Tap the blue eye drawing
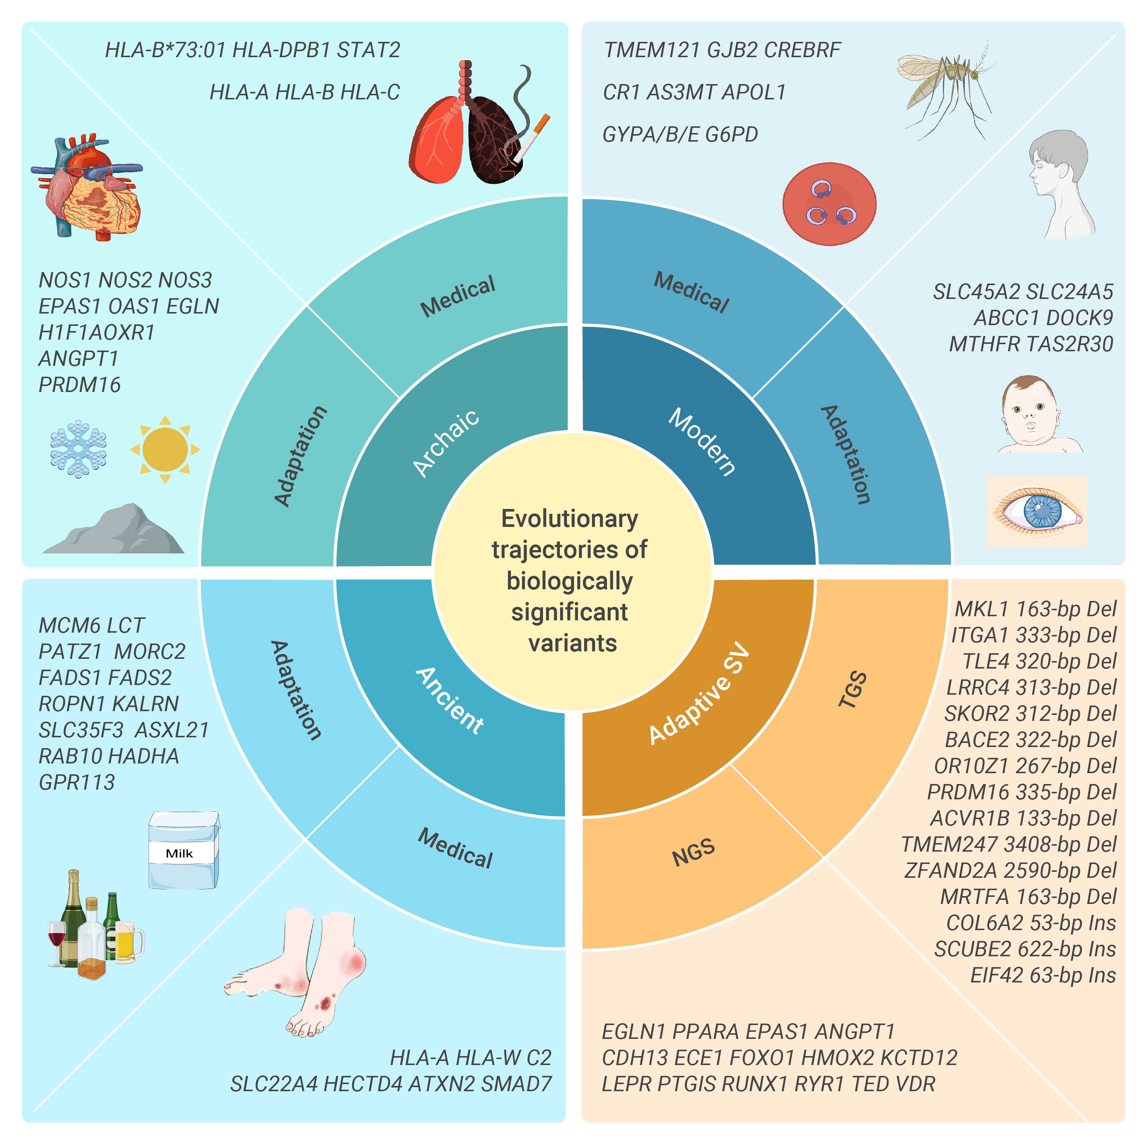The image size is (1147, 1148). [1036, 511]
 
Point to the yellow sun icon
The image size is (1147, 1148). [165, 449]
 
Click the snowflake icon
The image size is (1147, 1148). [78, 449]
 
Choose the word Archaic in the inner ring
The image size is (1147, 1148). [446, 443]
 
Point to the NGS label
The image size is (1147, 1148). [693, 853]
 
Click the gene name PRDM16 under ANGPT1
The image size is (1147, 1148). [80, 385]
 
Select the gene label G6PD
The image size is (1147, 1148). [731, 134]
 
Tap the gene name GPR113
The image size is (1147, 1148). [77, 782]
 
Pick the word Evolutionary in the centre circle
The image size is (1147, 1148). [570, 519]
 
